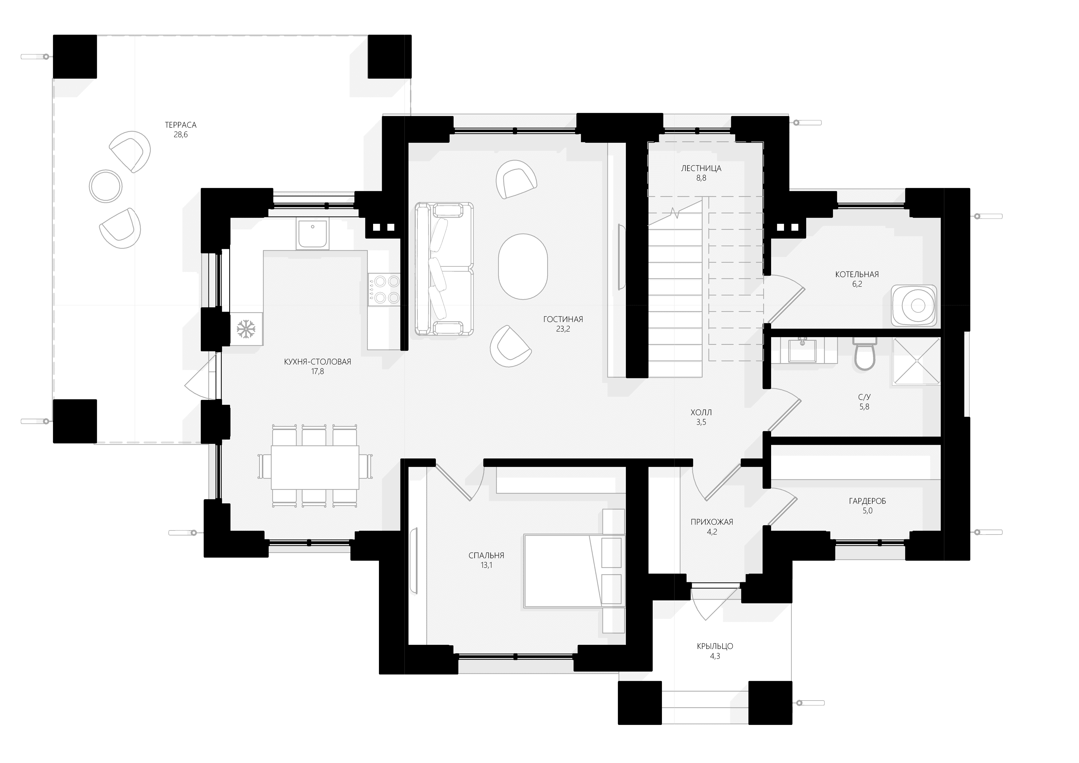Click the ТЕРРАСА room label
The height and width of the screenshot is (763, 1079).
(x=181, y=125)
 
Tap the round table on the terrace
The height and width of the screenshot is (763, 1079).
(x=106, y=186)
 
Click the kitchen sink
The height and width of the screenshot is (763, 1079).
(x=312, y=233)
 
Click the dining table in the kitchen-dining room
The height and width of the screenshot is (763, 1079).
(x=315, y=467)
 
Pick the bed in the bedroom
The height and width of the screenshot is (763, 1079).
(x=574, y=571)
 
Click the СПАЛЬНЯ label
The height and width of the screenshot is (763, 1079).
(x=486, y=555)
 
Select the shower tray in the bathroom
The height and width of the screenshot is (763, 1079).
(x=916, y=362)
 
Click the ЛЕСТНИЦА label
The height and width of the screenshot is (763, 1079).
(x=701, y=168)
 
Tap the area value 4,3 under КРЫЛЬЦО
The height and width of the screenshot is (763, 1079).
(x=715, y=656)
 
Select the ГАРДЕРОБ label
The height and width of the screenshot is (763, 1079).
(x=867, y=501)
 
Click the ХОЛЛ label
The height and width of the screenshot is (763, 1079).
(x=701, y=412)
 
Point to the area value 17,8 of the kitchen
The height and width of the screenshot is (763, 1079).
(x=318, y=371)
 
